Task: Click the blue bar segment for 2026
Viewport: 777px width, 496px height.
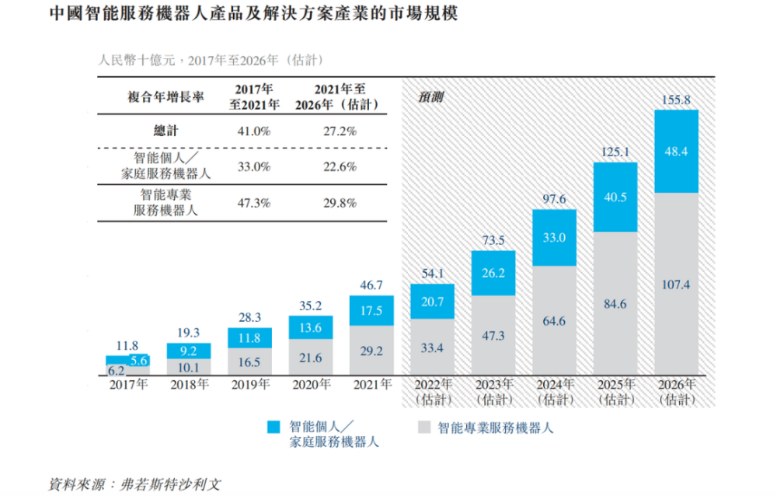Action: (x=676, y=152)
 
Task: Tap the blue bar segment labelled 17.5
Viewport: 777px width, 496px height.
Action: (x=371, y=310)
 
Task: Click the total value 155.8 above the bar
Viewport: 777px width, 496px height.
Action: (x=676, y=100)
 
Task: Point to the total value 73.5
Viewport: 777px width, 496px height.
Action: (x=493, y=240)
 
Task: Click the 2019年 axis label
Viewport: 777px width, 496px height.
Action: (x=249, y=385)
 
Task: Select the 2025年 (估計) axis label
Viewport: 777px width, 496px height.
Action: (x=615, y=392)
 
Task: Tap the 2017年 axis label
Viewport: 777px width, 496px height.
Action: (x=127, y=385)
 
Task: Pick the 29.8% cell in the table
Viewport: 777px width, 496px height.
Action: (x=340, y=203)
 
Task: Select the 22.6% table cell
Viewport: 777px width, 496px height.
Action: (x=340, y=166)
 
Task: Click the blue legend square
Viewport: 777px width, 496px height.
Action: (x=273, y=428)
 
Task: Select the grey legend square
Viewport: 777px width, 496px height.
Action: (x=423, y=428)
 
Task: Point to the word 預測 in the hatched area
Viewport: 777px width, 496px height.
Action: (x=432, y=98)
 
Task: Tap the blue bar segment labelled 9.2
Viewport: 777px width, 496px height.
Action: (x=187, y=350)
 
